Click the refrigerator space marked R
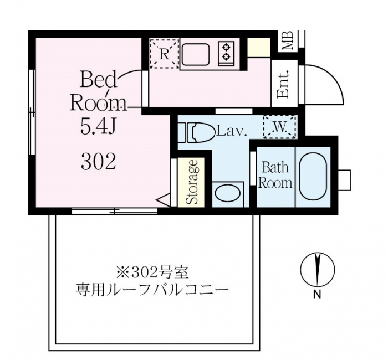coord(165,53)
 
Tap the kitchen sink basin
coord(196,54)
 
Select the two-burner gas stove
coord(226,54)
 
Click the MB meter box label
coord(288,40)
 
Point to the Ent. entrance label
coord(283,84)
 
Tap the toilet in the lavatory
coord(196,132)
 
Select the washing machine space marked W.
coord(280,127)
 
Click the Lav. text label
coord(232,132)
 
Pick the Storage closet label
coord(192,182)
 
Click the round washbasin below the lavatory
coord(228,194)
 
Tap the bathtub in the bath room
coord(313,177)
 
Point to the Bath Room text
coord(275,175)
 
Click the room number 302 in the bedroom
coord(99,161)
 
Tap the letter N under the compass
coord(317,295)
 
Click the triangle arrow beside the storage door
coord(164,200)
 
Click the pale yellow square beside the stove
coord(259,48)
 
